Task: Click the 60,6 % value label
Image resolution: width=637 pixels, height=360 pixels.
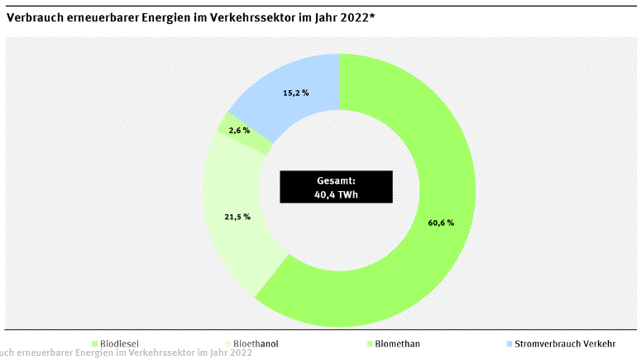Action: coord(440,223)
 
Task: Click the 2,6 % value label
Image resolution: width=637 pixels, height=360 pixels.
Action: coord(239,130)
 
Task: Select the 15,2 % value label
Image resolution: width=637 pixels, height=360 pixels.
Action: coord(295,94)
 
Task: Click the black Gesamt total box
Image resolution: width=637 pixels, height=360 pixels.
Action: coord(336,187)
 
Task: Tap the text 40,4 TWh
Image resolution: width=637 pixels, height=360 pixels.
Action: coord(337,194)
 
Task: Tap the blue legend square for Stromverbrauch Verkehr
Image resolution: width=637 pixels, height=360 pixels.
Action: coord(508,343)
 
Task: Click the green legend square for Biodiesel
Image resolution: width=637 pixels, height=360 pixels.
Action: coord(94,343)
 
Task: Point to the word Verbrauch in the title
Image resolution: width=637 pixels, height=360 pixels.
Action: coord(34,15)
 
